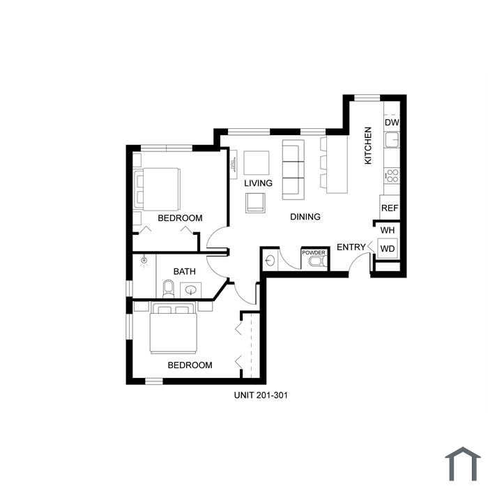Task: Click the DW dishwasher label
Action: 392,122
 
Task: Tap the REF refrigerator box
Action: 390,207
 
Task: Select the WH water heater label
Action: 388,230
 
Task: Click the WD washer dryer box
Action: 388,248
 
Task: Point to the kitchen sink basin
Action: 392,139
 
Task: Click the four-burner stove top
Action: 392,176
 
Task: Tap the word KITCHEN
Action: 368,145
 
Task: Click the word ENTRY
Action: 351,247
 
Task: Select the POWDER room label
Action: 314,252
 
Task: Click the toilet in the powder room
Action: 318,261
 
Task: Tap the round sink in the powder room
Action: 270,261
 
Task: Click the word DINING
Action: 305,217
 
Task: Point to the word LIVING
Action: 258,183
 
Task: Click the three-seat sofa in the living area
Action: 293,169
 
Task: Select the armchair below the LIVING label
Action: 256,203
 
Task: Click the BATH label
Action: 185,271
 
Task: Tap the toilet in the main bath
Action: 169,289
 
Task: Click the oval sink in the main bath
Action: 190,291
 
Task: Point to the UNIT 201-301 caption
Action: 261,395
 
